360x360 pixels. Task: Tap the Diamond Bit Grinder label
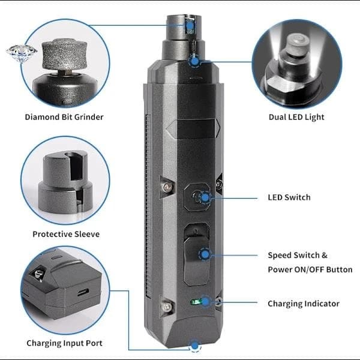pyautogui.click(x=64, y=117)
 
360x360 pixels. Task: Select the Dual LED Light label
pyautogui.click(x=296, y=117)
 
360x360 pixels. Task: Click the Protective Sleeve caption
pyautogui.click(x=66, y=234)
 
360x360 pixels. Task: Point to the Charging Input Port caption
pyautogui.click(x=64, y=343)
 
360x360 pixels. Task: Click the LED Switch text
pyautogui.click(x=289, y=197)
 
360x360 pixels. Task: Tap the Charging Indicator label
pyautogui.click(x=304, y=304)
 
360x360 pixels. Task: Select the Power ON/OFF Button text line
pyautogui.click(x=310, y=269)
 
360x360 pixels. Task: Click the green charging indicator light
pyautogui.click(x=196, y=302)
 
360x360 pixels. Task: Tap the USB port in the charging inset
pyautogui.click(x=83, y=292)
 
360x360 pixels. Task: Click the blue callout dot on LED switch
pyautogui.click(x=205, y=197)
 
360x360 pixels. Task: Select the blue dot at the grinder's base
pyautogui.click(x=195, y=346)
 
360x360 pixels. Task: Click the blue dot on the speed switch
pyautogui.click(x=205, y=254)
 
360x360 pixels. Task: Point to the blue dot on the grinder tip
pyautogui.click(x=190, y=25)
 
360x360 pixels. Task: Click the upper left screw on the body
pyautogui.click(x=167, y=187)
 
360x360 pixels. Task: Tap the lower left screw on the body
pyautogui.click(x=167, y=307)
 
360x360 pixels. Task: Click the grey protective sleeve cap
pyautogui.click(x=65, y=182)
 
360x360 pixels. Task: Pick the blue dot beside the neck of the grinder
pyautogui.click(x=194, y=61)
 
